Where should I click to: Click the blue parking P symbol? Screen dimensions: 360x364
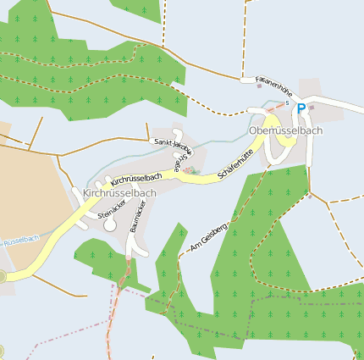click(301, 108)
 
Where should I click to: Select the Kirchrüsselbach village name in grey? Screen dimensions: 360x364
click(119, 193)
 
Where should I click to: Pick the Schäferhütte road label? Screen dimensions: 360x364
click(236, 163)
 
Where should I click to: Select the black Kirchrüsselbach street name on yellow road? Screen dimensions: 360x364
click(135, 180)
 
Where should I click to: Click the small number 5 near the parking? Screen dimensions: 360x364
click(287, 103)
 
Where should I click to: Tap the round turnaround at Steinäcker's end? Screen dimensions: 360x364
click(110, 225)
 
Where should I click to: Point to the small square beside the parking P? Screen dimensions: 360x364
click(312, 108)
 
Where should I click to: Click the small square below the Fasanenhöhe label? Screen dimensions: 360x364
click(258, 85)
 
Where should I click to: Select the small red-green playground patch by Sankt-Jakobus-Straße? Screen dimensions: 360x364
click(190, 170)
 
